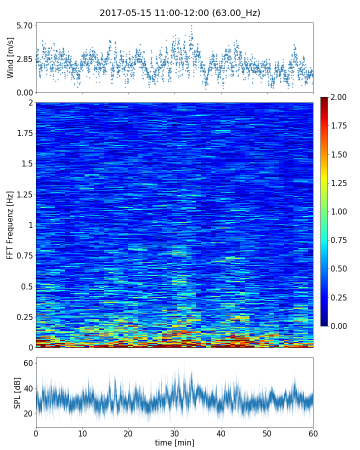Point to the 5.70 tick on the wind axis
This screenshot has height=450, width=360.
coord(24,25)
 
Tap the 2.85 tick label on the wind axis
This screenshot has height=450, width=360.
coord(24,59)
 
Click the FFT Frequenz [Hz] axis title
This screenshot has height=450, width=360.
coord(10,224)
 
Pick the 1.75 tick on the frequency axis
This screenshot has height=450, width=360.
coord(24,133)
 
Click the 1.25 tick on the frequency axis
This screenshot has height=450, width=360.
coord(24,194)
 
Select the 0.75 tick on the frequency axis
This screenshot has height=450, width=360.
coord(24,255)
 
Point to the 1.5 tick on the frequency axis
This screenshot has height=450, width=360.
coord(27,164)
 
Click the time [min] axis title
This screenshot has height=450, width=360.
coord(174,442)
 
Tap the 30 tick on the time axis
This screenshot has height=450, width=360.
coord(174,433)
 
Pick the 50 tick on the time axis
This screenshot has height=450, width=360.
coord(267,433)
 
